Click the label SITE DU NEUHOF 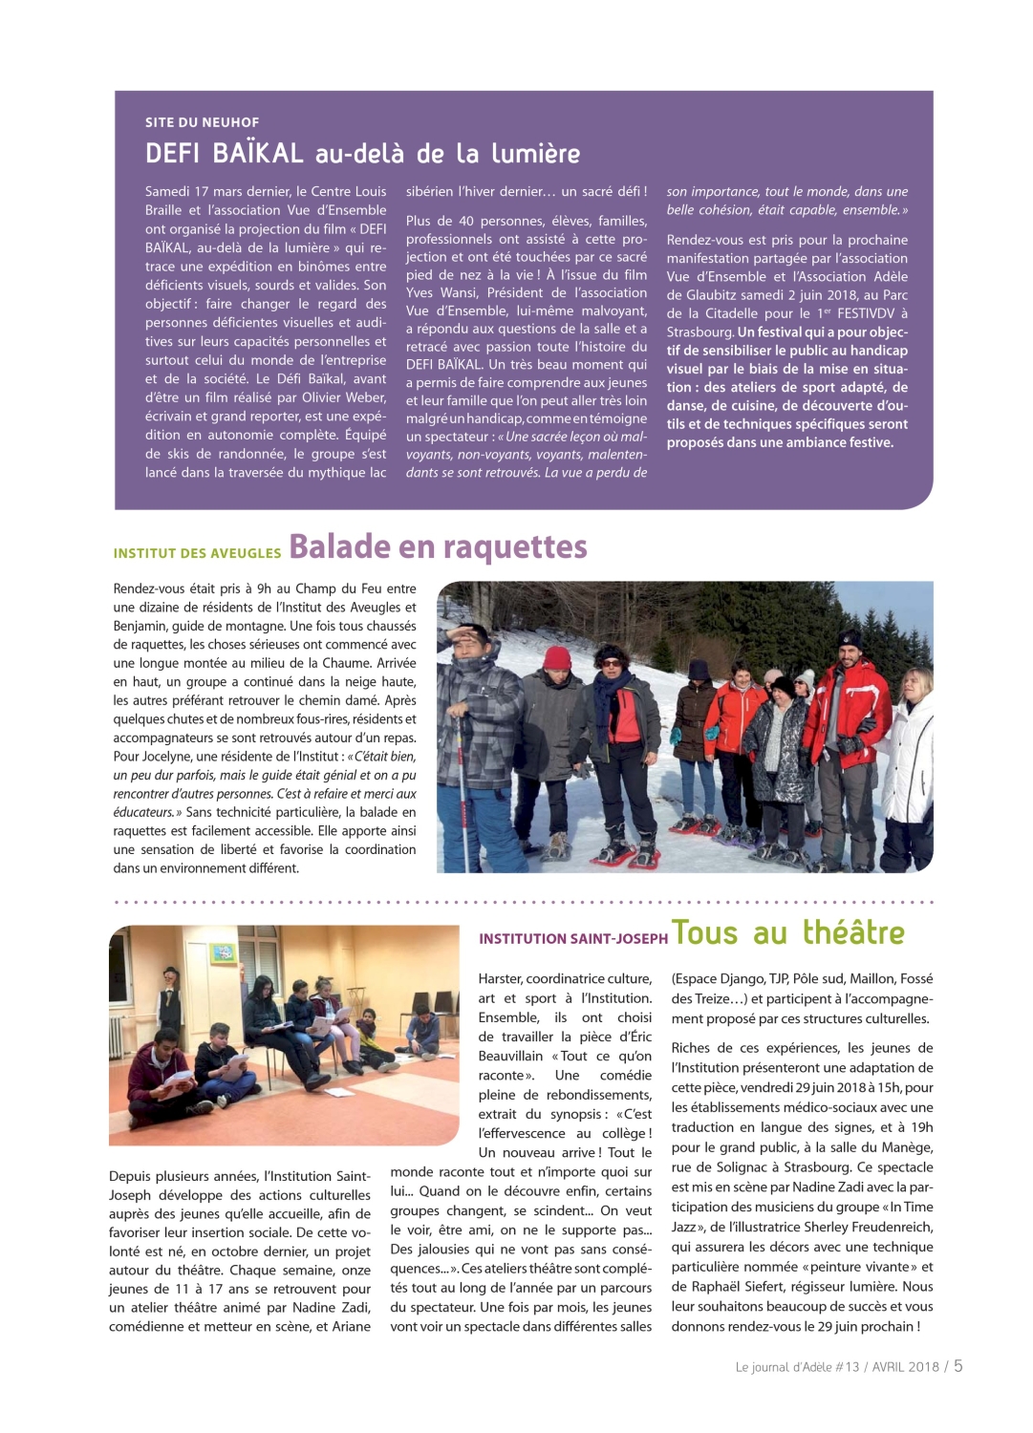pyautogui.click(x=202, y=122)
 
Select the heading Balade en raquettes pyautogui.click(x=438, y=546)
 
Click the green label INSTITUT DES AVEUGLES pyautogui.click(x=197, y=553)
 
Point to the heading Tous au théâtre pyautogui.click(x=787, y=932)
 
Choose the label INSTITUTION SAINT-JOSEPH pyautogui.click(x=572, y=939)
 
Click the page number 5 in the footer pyautogui.click(x=958, y=1366)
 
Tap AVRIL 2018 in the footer pyautogui.click(x=905, y=1367)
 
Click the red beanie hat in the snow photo pyautogui.click(x=556, y=657)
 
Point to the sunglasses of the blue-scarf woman pyautogui.click(x=608, y=659)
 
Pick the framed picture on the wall pyautogui.click(x=224, y=952)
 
